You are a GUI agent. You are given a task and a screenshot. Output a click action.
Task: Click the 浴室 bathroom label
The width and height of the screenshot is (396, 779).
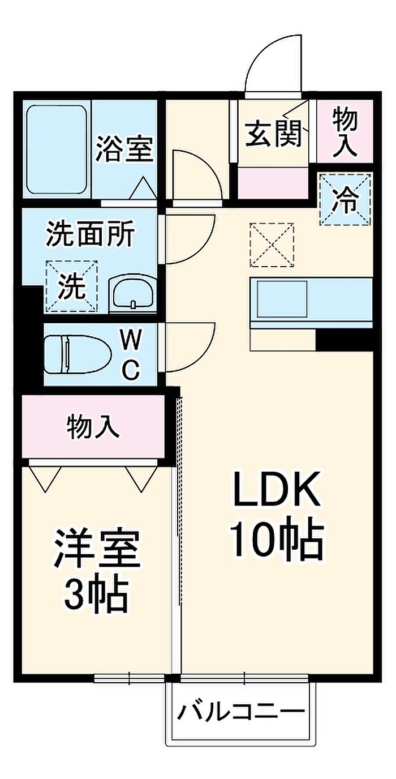[x=124, y=149]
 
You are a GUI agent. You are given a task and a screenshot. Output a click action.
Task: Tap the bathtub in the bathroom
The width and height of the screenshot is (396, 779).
[x=57, y=149]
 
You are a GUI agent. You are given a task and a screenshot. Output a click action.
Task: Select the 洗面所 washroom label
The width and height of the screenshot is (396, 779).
[x=91, y=235]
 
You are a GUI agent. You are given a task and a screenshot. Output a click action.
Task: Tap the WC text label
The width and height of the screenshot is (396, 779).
[x=131, y=355]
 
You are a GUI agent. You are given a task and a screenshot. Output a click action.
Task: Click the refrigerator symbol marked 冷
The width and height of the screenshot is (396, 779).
[x=345, y=199]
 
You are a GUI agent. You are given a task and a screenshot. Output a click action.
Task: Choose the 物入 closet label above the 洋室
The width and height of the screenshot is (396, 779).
[x=93, y=426]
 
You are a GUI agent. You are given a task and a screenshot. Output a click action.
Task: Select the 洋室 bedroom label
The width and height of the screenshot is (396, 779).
[x=97, y=549]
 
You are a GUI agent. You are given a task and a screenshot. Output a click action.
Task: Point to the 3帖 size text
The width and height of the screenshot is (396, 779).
[x=96, y=593]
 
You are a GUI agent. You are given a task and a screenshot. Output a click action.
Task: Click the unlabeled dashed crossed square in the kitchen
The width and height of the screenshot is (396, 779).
[x=273, y=245]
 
